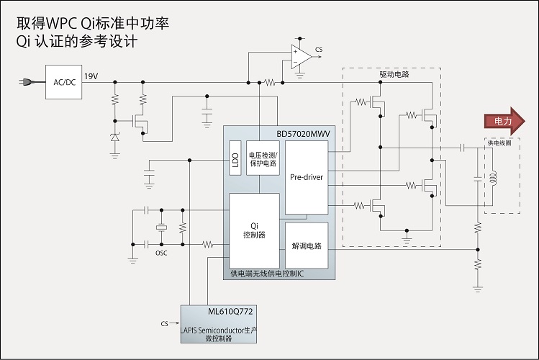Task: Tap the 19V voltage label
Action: [x=91, y=76]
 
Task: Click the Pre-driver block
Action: [x=306, y=177]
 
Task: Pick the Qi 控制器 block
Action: [x=253, y=230]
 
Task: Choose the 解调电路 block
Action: [x=306, y=245]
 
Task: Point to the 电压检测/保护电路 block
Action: [x=263, y=158]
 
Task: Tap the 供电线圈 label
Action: [x=500, y=143]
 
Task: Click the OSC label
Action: [x=161, y=252]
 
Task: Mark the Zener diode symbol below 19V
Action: [x=114, y=137]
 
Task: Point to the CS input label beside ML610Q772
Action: [x=165, y=325]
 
